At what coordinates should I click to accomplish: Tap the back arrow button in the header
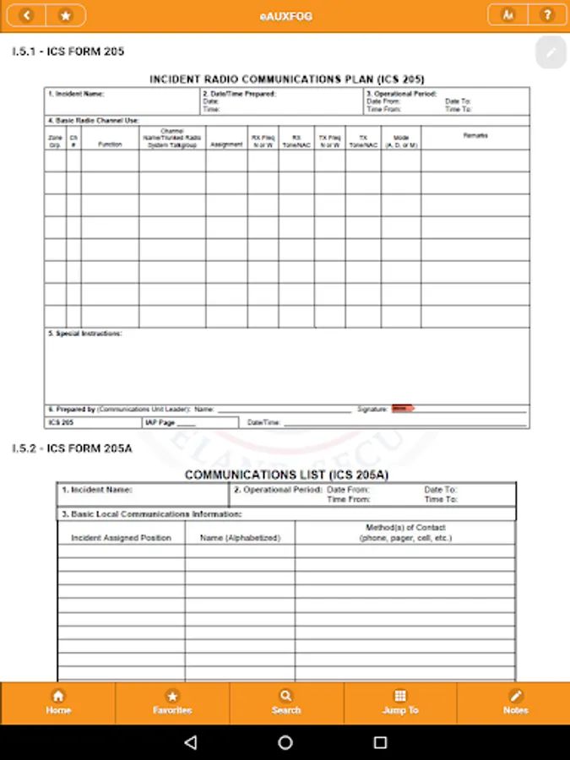click(x=28, y=15)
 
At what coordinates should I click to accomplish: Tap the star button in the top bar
click(x=66, y=15)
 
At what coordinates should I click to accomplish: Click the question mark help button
click(x=547, y=15)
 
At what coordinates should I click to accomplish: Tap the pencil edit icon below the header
click(x=551, y=52)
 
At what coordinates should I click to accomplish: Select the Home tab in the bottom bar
click(x=58, y=703)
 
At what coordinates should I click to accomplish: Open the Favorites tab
click(x=172, y=703)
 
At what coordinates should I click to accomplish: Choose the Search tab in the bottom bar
click(x=286, y=703)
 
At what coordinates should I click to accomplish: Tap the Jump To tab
click(x=400, y=703)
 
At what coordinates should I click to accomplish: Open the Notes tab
click(x=515, y=703)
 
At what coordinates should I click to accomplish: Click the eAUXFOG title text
click(x=285, y=16)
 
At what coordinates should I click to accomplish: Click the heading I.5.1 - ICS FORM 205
click(x=68, y=52)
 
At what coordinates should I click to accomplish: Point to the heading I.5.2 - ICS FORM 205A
click(x=73, y=448)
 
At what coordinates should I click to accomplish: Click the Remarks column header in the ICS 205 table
click(x=475, y=136)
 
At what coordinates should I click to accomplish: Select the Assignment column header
click(x=226, y=144)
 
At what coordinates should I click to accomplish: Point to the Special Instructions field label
click(x=84, y=334)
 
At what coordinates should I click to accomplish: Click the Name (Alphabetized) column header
click(x=240, y=538)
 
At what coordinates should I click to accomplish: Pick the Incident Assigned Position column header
click(x=121, y=538)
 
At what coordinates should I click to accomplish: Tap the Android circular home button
click(x=285, y=742)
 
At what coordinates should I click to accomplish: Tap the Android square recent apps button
click(x=380, y=742)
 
